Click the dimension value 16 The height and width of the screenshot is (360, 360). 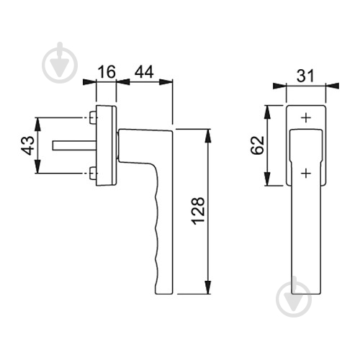[x=107, y=71]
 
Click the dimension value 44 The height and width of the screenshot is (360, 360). [x=144, y=71]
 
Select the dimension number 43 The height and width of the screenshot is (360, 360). [x=27, y=145]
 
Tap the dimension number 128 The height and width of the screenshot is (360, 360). [x=199, y=211]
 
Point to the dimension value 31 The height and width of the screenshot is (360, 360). [x=305, y=76]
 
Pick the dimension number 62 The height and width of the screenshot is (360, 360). [x=257, y=145]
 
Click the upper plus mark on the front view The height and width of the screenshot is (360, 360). [x=306, y=118]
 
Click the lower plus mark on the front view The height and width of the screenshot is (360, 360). [x=306, y=173]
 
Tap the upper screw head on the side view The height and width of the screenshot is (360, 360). [x=93, y=118]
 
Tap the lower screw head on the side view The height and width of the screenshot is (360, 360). [x=93, y=173]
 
